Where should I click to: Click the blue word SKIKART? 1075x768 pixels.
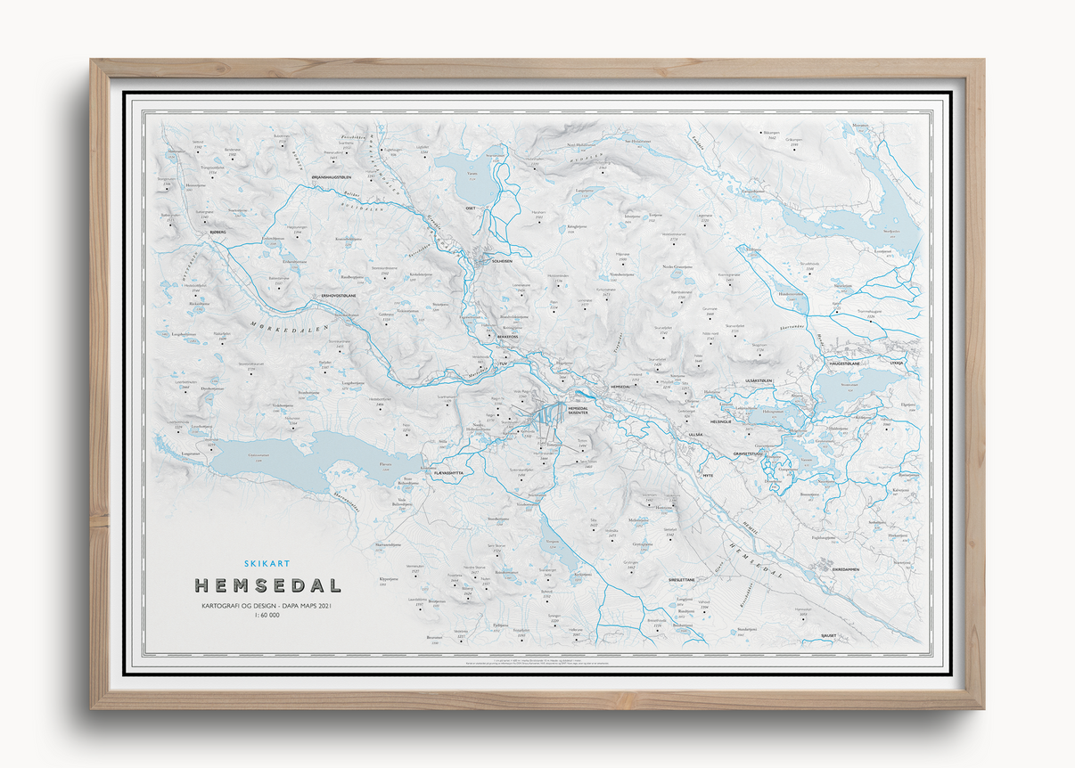click(x=267, y=562)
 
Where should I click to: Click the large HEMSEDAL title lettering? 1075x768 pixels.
click(x=267, y=586)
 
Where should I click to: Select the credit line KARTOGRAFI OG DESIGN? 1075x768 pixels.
click(x=267, y=606)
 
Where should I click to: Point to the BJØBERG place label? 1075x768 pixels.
click(x=218, y=232)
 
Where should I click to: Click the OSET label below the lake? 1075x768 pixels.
click(x=471, y=208)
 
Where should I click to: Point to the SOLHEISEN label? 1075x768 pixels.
click(x=498, y=261)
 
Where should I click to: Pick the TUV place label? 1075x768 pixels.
click(x=504, y=364)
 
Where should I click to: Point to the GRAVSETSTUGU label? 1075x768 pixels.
click(x=750, y=453)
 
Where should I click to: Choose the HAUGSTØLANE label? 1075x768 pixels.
click(x=846, y=364)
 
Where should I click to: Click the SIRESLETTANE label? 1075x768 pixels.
click(x=687, y=578)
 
